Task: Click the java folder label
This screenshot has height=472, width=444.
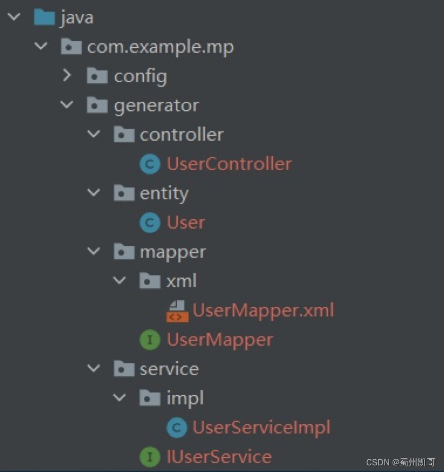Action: click(x=77, y=18)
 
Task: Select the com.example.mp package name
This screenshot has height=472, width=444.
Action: click(x=160, y=47)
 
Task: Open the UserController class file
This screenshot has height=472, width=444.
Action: click(x=229, y=164)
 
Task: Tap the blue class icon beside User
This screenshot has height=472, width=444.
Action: click(x=150, y=223)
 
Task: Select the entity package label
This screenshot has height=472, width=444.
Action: click(x=164, y=193)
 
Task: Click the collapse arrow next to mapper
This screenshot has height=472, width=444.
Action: click(x=93, y=251)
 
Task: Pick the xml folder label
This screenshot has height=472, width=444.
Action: click(x=181, y=281)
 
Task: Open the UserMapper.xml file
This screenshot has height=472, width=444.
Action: click(x=263, y=310)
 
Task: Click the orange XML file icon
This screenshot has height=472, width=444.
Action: click(x=177, y=311)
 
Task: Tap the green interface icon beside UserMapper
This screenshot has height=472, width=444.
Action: click(x=150, y=340)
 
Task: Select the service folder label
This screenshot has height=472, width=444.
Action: click(x=169, y=369)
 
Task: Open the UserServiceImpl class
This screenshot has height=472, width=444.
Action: click(x=261, y=427)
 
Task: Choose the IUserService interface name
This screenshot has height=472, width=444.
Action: click(x=219, y=456)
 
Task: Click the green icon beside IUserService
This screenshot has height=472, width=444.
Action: click(x=150, y=457)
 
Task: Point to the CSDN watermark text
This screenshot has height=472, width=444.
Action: click(x=400, y=462)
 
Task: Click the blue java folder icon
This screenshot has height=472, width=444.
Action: click(x=44, y=18)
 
